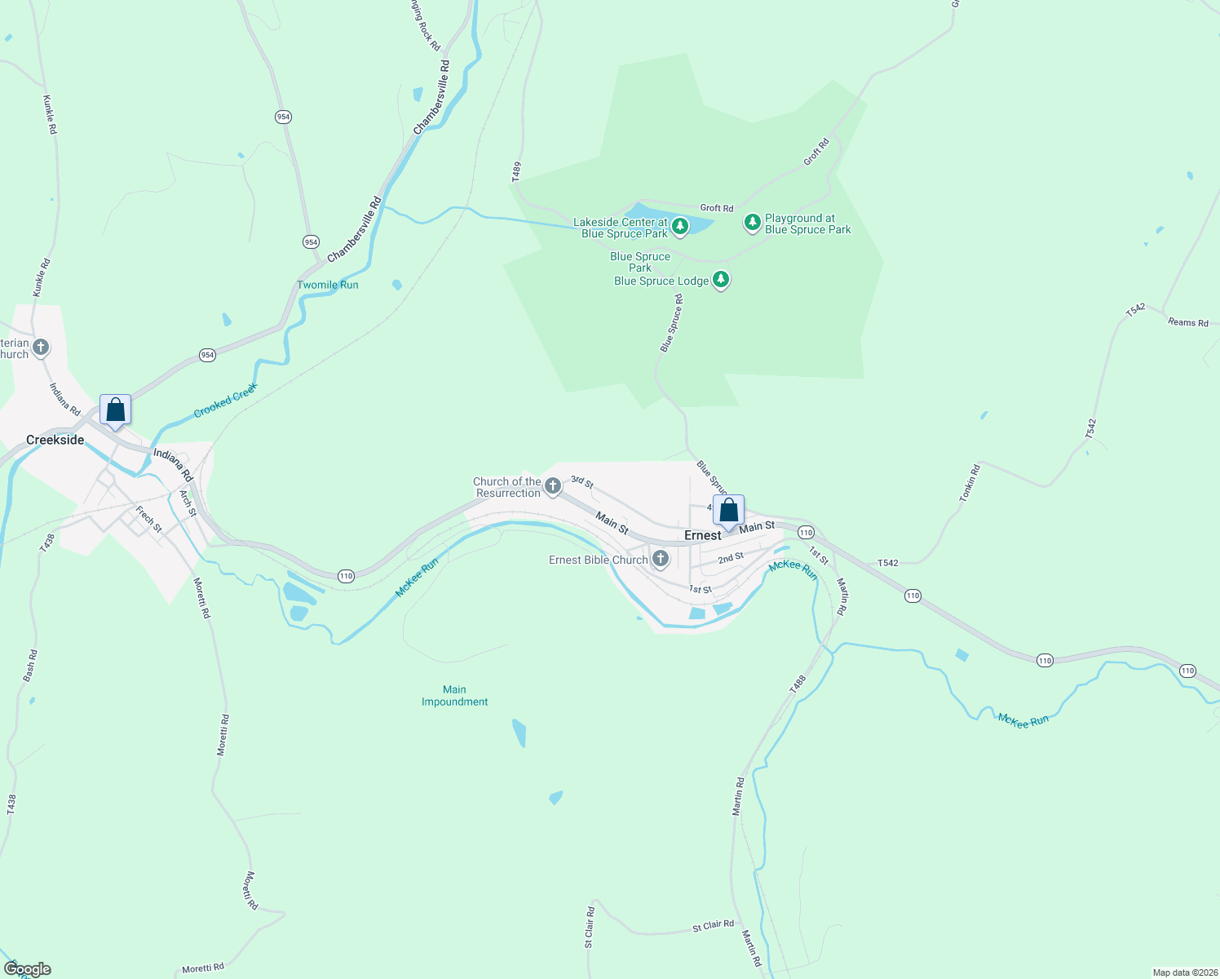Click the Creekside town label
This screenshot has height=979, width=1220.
pos(55,440)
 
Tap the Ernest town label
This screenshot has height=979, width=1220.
pos(702,535)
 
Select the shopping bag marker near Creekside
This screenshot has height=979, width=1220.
pos(115,410)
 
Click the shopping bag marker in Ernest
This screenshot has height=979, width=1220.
pos(728,511)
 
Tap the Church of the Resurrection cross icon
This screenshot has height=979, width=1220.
pos(553,487)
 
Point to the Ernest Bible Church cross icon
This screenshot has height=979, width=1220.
pos(661,559)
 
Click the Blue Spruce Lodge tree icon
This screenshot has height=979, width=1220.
pos(720,280)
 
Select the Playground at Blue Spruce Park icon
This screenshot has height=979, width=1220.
pos(753,222)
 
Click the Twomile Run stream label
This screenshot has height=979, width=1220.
pos(327,285)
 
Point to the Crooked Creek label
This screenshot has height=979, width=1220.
pos(226,400)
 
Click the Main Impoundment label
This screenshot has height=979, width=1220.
pos(454,696)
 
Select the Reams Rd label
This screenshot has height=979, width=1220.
pos(1187,322)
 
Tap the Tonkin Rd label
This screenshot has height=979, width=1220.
pos(970,482)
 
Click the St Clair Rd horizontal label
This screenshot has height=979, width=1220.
pos(713,925)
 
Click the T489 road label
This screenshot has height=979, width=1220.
pos(516,171)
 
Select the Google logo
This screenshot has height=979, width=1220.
pos(28,969)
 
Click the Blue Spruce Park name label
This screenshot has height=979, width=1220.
pos(640,262)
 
